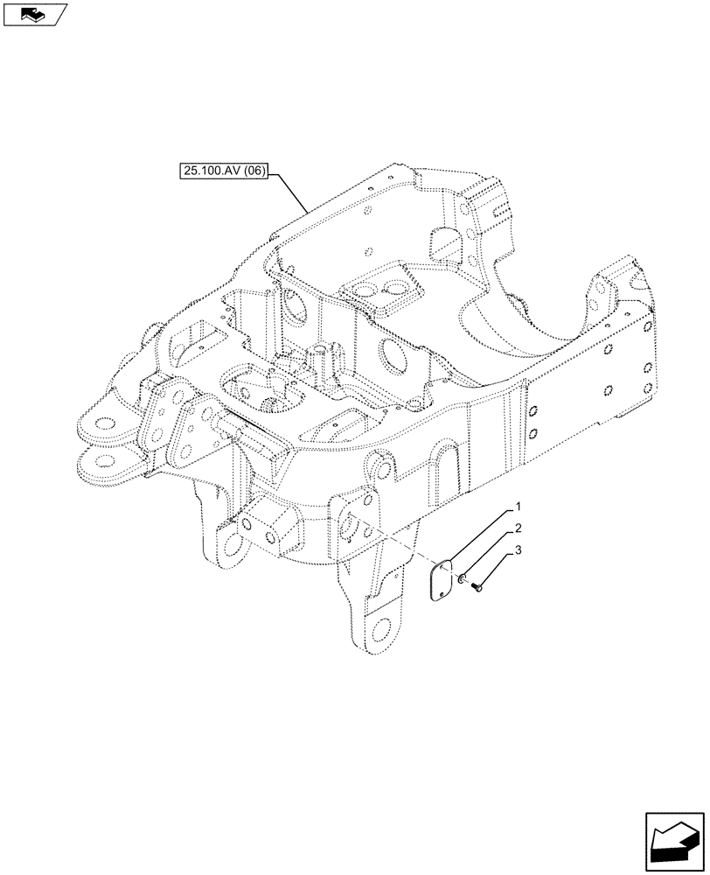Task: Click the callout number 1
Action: click(x=518, y=507)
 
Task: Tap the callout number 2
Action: click(x=518, y=528)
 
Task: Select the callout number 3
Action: click(x=518, y=550)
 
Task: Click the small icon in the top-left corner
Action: click(x=34, y=13)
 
